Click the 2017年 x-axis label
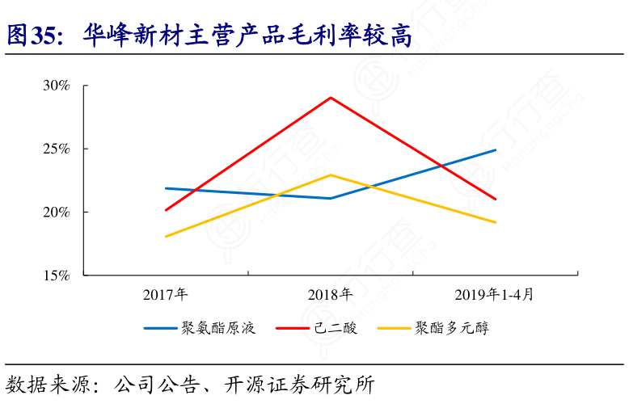[166, 293]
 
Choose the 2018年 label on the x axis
[330, 293]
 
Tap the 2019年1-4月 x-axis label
[494, 293]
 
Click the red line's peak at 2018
[330, 98]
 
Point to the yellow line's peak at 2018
[330, 175]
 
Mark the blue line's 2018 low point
[330, 198]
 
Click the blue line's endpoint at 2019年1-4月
[495, 150]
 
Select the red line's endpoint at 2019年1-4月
[495, 199]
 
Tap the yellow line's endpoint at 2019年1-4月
[495, 222]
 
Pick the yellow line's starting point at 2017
[166, 237]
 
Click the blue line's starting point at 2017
[166, 188]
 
